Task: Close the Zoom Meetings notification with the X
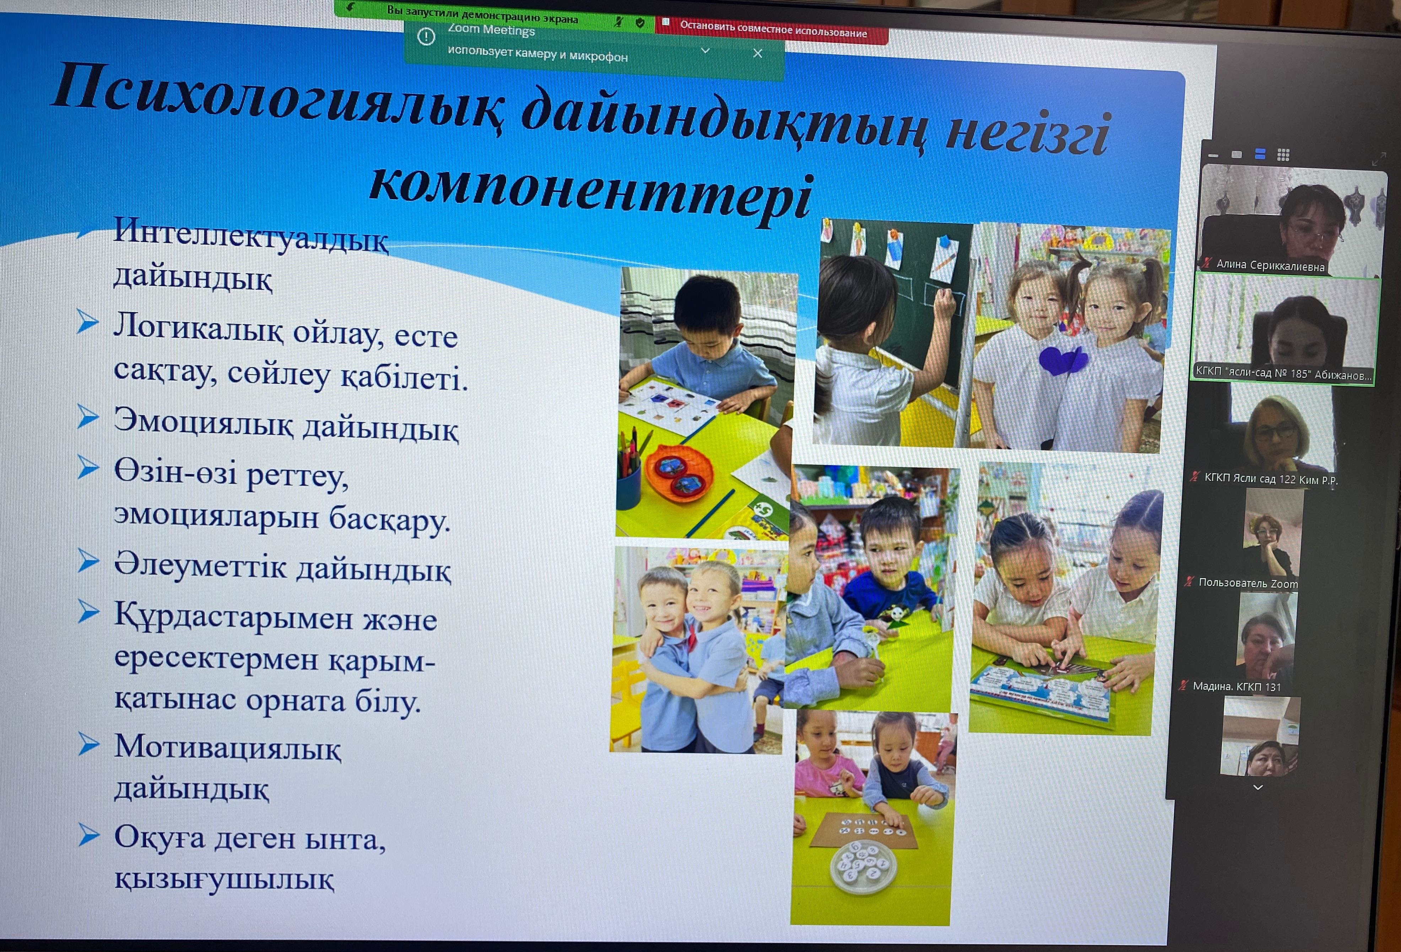(x=758, y=54)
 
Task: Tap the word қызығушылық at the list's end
(x=224, y=878)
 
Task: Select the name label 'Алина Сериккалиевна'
(x=1270, y=265)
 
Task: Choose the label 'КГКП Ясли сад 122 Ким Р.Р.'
(x=1271, y=480)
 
